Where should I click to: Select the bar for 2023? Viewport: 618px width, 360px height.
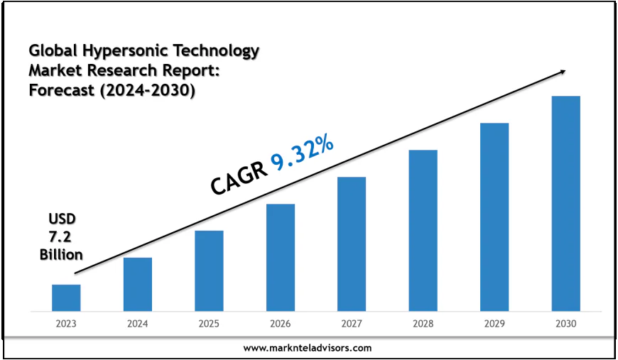click(x=66, y=298)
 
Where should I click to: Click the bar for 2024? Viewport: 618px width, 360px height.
click(x=137, y=284)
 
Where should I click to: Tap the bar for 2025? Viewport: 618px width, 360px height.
click(x=209, y=271)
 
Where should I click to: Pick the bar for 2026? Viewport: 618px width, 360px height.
click(x=281, y=257)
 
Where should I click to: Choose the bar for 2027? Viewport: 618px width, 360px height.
click(x=352, y=244)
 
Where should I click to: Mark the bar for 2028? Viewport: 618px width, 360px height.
click(x=423, y=230)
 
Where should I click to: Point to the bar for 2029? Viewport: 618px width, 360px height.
click(x=494, y=217)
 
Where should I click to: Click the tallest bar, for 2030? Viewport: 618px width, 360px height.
click(x=566, y=203)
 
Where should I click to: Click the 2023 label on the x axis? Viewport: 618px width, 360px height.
click(x=66, y=323)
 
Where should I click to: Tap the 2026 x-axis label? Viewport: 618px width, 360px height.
click(x=281, y=323)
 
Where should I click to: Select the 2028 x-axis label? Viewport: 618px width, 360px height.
click(x=423, y=323)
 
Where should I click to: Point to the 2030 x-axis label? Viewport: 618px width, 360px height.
click(x=566, y=323)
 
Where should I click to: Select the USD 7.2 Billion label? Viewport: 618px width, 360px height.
click(x=61, y=236)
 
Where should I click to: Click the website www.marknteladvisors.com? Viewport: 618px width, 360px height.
click(x=308, y=348)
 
